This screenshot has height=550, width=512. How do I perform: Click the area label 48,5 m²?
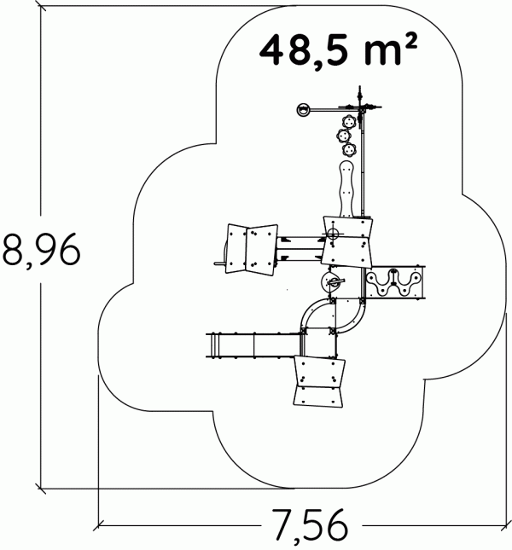(338, 50)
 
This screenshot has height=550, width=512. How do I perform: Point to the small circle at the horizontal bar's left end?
(303, 110)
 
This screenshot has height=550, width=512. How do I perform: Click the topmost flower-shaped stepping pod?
(349, 122)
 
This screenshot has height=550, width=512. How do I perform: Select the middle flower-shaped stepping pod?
(343, 136)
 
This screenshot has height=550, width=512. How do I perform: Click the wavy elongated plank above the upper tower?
(347, 189)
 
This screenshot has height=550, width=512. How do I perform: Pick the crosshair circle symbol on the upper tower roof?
(332, 234)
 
